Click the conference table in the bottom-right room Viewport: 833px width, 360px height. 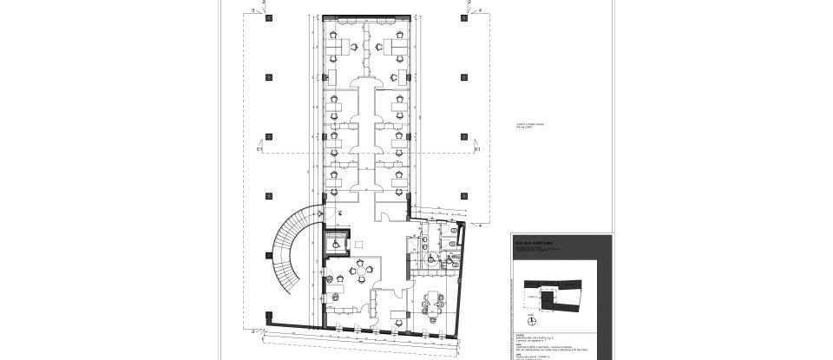[x=431, y=305]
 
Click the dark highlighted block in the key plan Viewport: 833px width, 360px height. [x=548, y=298]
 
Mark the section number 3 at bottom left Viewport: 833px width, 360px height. [x=252, y=331]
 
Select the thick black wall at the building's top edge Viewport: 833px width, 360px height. [x=364, y=16]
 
